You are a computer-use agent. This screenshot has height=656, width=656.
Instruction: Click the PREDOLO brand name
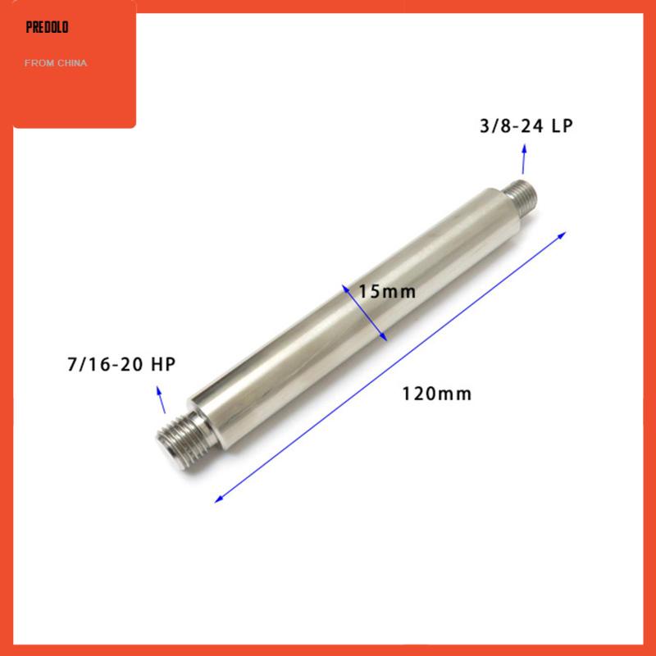(x=47, y=28)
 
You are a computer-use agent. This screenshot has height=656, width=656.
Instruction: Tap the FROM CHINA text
(x=56, y=63)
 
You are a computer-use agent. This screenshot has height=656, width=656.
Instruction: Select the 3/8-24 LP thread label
(x=526, y=126)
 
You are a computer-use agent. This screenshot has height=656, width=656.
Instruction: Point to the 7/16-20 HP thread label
(x=121, y=364)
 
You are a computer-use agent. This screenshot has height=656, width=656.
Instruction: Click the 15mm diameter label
(x=387, y=292)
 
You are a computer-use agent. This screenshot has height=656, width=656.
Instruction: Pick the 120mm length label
(x=437, y=394)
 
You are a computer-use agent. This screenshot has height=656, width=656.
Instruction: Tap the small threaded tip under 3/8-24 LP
(x=521, y=195)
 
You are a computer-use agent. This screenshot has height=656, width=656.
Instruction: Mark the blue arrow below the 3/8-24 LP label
(x=524, y=159)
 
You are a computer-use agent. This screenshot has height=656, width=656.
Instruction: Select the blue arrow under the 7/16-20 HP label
(x=161, y=399)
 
